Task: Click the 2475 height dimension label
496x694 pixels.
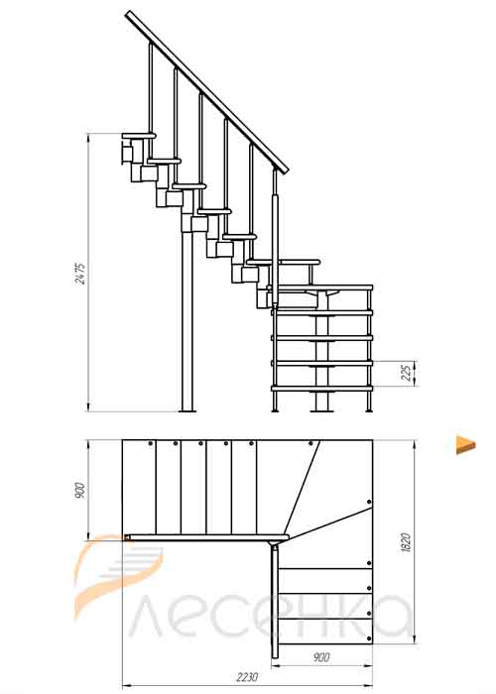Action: tap(80, 273)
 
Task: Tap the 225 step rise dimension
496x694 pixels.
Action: tap(406, 373)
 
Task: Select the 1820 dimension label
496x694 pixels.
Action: tap(405, 541)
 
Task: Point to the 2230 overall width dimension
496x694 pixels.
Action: tap(247, 677)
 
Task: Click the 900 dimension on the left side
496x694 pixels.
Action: tap(80, 489)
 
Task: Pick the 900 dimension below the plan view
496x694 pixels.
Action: tap(321, 657)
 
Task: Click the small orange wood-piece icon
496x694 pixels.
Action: tap(465, 444)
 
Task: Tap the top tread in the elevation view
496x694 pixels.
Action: tap(139, 136)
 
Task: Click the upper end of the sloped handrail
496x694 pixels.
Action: tap(128, 15)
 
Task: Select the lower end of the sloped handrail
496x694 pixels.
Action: tap(286, 171)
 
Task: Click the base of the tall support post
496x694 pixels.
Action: tap(188, 411)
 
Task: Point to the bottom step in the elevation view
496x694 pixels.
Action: tap(322, 389)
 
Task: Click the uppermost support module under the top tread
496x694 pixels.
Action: tap(128, 153)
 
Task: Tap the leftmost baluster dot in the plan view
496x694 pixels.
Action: tap(151, 443)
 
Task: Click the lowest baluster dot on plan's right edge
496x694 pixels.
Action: tap(369, 638)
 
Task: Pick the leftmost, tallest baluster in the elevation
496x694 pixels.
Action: tap(151, 87)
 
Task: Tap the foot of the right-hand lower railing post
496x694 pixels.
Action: tap(369, 410)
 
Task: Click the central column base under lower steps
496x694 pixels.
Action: tap(322, 410)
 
